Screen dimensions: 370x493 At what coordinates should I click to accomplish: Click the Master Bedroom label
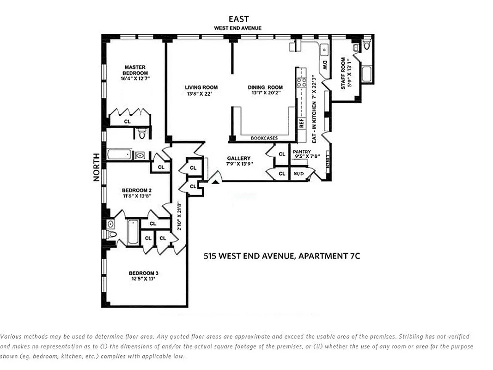135,70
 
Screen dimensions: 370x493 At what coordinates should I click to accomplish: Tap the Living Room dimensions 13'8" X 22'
201,94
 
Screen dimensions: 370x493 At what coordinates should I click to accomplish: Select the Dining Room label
265,87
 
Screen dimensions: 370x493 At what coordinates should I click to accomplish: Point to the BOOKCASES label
263,138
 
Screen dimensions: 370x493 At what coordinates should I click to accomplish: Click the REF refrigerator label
302,123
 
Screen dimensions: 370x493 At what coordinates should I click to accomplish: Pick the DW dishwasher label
325,65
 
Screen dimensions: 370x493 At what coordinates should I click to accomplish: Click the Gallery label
238,158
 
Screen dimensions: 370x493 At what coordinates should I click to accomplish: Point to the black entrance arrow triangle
215,182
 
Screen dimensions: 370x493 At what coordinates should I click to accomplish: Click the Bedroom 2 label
137,190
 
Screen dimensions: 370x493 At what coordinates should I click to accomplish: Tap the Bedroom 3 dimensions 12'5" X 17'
144,279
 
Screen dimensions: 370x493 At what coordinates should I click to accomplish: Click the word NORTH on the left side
97,167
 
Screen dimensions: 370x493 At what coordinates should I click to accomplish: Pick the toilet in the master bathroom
142,134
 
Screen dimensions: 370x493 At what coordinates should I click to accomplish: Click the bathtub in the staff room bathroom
367,74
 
